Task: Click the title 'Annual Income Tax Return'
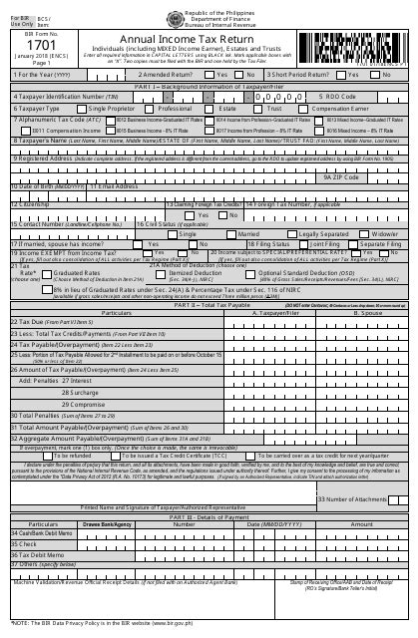pyautogui.click(x=209, y=38)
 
